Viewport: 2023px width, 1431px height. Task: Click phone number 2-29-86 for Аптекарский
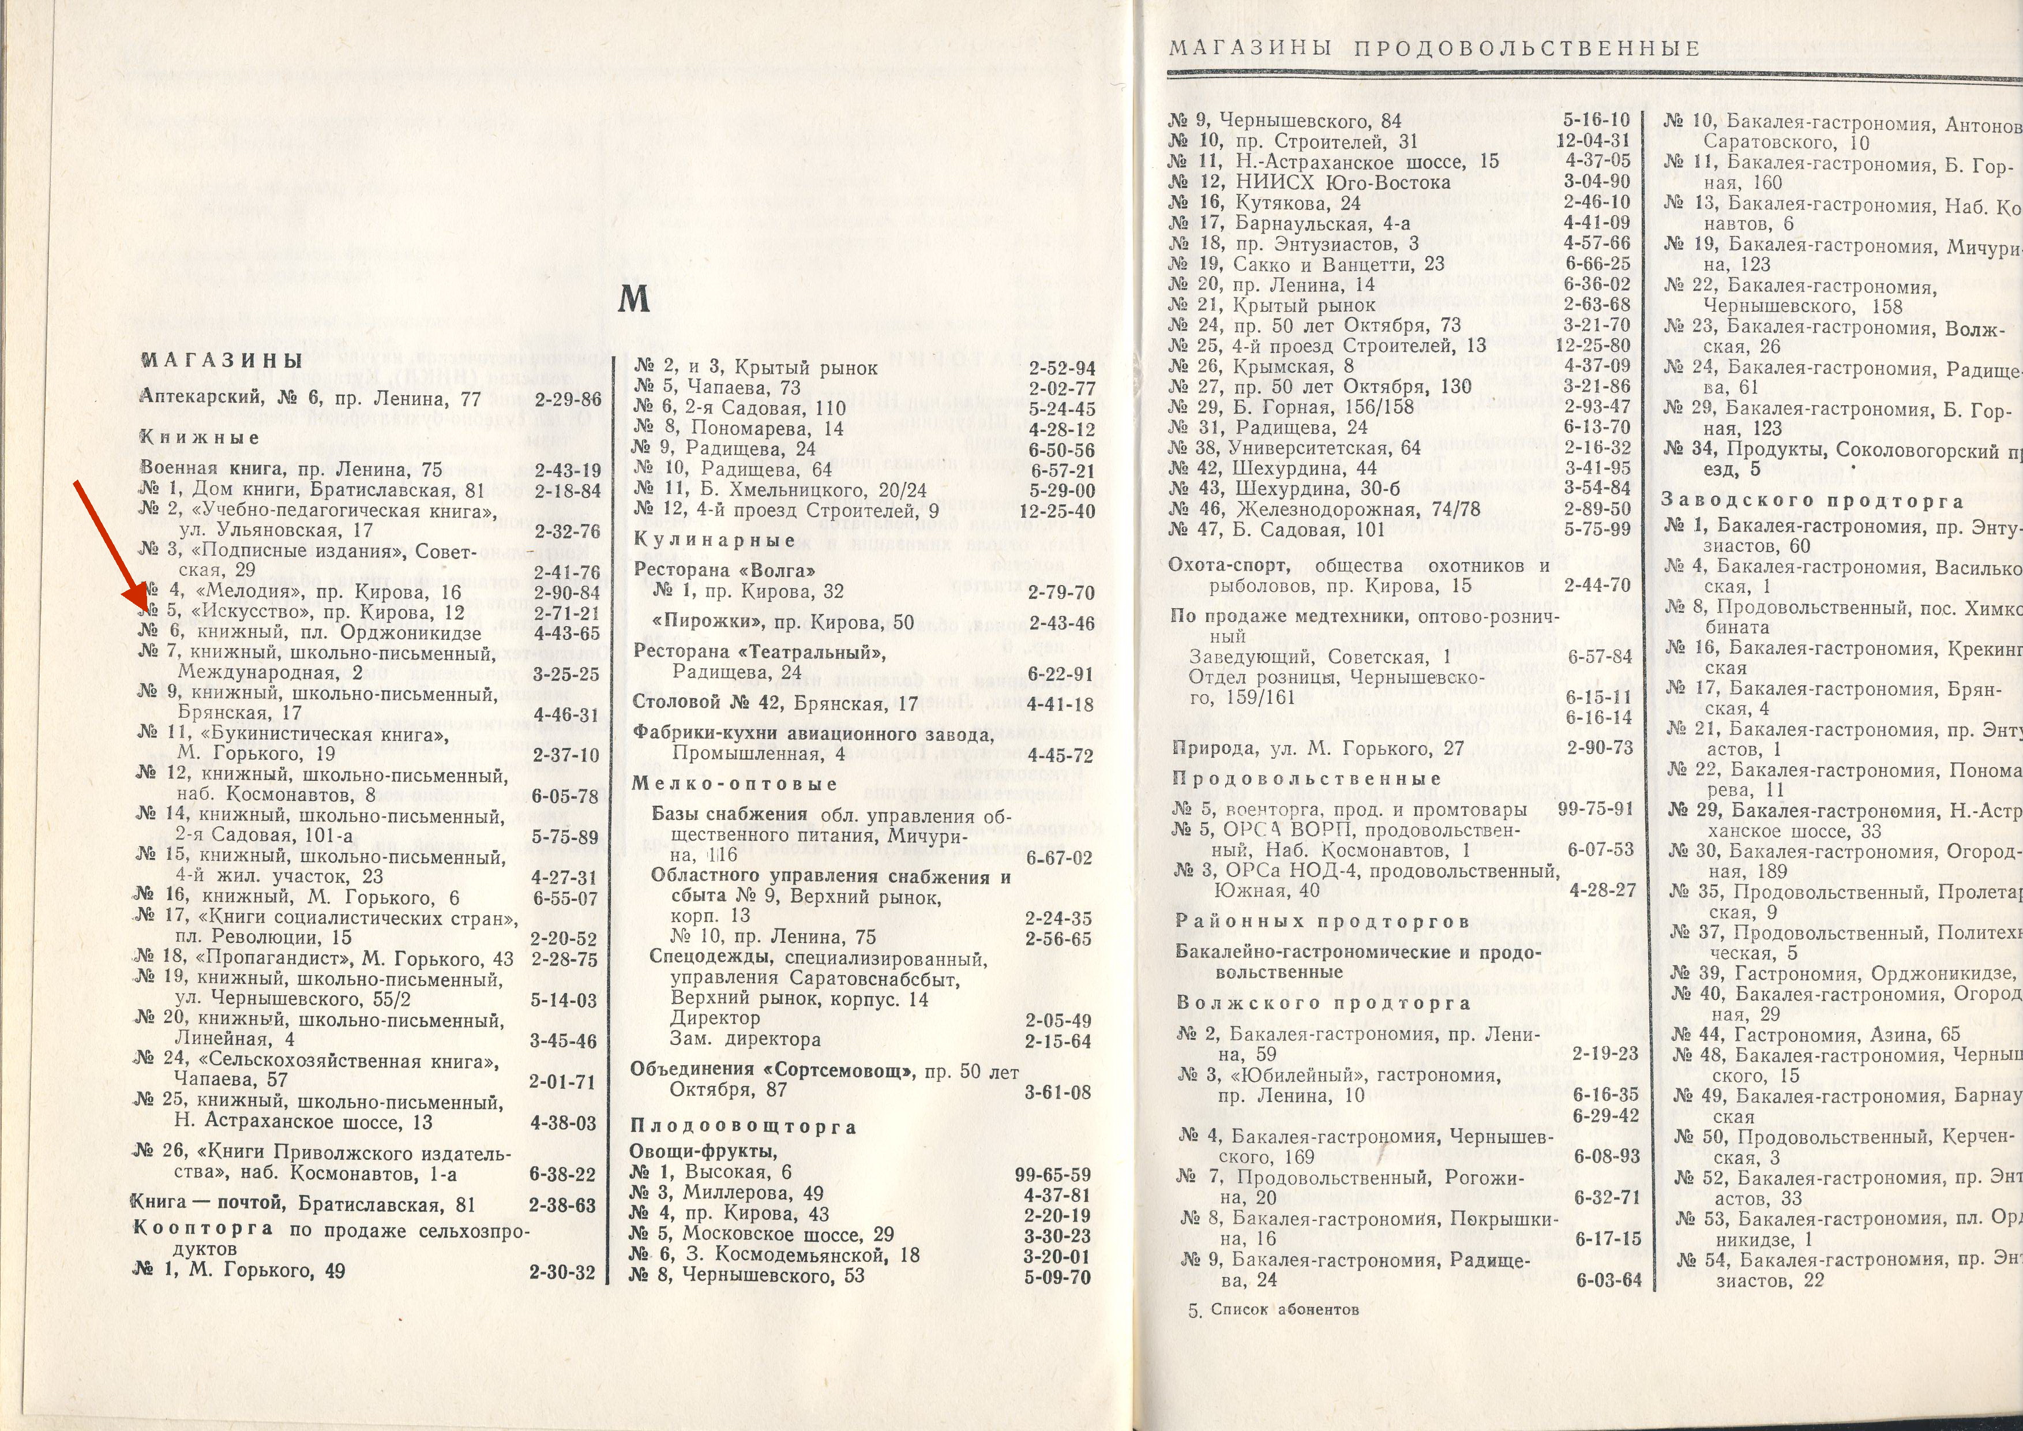point(568,400)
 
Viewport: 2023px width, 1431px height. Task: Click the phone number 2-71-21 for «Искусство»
point(566,612)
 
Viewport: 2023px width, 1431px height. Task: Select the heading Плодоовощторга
point(743,1126)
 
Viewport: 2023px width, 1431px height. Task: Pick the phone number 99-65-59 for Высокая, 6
point(1053,1175)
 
